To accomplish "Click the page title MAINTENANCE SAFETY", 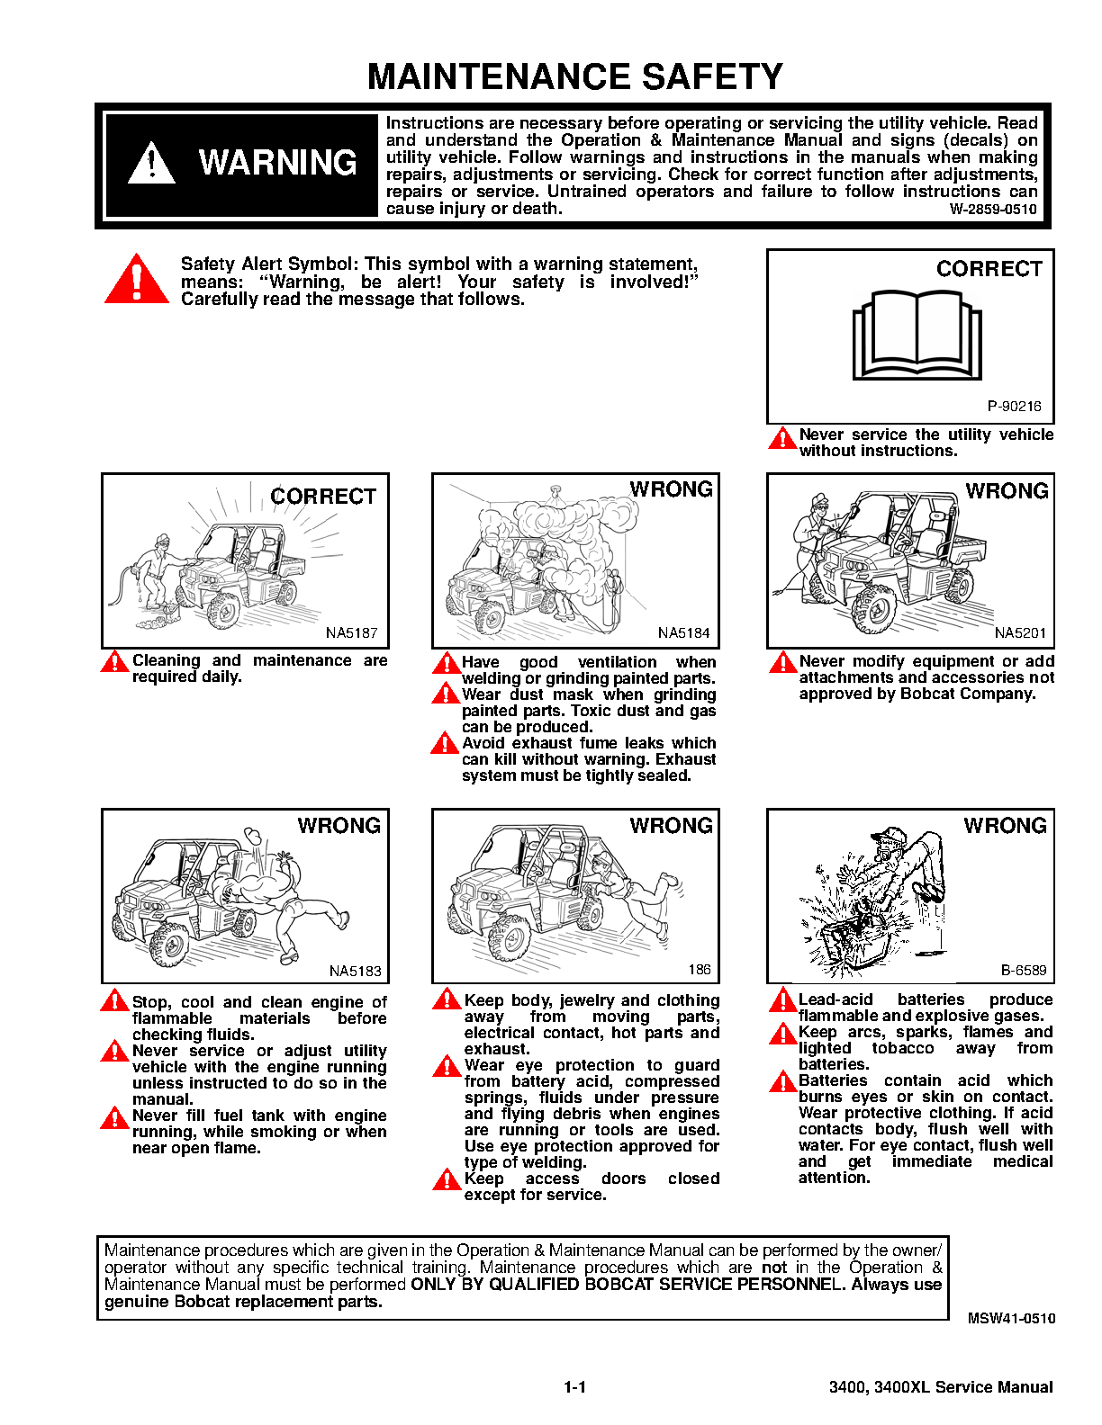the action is pyautogui.click(x=575, y=76).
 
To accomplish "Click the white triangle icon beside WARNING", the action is pyautogui.click(x=151, y=163).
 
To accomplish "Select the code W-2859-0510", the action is pyautogui.click(x=993, y=210).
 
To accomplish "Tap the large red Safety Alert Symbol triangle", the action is pyautogui.click(x=137, y=279).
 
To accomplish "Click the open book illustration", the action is pyautogui.click(x=917, y=335).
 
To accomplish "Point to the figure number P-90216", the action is pyautogui.click(x=1014, y=407).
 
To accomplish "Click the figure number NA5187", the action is pyautogui.click(x=352, y=632).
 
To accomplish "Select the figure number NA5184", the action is pyautogui.click(x=684, y=632).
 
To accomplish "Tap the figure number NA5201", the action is pyautogui.click(x=1020, y=632).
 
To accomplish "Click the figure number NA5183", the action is pyautogui.click(x=355, y=972).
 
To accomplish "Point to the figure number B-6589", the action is pyautogui.click(x=1024, y=970).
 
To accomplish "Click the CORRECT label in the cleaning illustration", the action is pyautogui.click(x=323, y=497).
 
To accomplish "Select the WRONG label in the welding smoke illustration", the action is pyautogui.click(x=671, y=489).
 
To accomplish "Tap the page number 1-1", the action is pyautogui.click(x=575, y=1387).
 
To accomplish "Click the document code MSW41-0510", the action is pyautogui.click(x=1011, y=1318).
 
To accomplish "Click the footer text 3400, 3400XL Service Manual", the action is pyautogui.click(x=941, y=1387).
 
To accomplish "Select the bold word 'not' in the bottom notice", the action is pyautogui.click(x=773, y=1268).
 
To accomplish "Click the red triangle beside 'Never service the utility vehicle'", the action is pyautogui.click(x=782, y=439).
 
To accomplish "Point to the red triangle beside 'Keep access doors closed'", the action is pyautogui.click(x=447, y=1179).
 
